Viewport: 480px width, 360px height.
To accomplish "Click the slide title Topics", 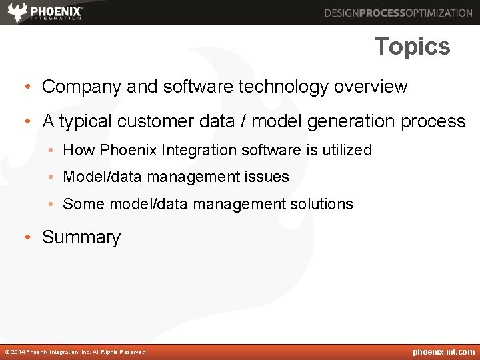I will click(412, 47).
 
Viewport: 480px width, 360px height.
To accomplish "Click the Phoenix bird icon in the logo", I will click(18, 13).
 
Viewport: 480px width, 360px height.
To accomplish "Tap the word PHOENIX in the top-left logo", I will click(56, 11).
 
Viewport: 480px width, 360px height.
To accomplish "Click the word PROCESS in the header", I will click(383, 13).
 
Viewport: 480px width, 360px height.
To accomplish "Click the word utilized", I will click(347, 150).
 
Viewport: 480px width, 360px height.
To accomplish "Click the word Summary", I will click(81, 237).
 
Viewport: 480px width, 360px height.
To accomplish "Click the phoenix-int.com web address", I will click(444, 352).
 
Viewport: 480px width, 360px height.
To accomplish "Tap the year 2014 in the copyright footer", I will click(18, 352).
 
